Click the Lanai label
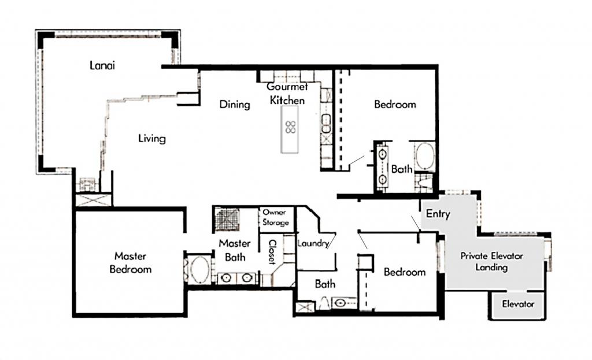pos(102,65)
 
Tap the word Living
pos(152,139)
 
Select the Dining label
pos(235,104)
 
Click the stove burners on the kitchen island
pos(290,127)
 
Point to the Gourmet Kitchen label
pos(287,94)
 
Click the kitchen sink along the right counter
pos(326,124)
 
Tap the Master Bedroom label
pos(131,263)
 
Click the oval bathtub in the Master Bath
pos(200,270)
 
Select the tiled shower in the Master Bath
pos(228,219)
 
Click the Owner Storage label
pos(276,217)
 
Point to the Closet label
pos(272,252)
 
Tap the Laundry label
pos(313,243)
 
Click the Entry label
pos(438,214)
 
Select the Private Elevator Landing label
pos(491,262)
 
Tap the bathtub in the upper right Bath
pos(425,157)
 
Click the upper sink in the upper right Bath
pos(383,154)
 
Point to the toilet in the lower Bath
pos(324,303)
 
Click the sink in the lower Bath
pos(340,303)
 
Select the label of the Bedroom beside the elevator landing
pos(405,272)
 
